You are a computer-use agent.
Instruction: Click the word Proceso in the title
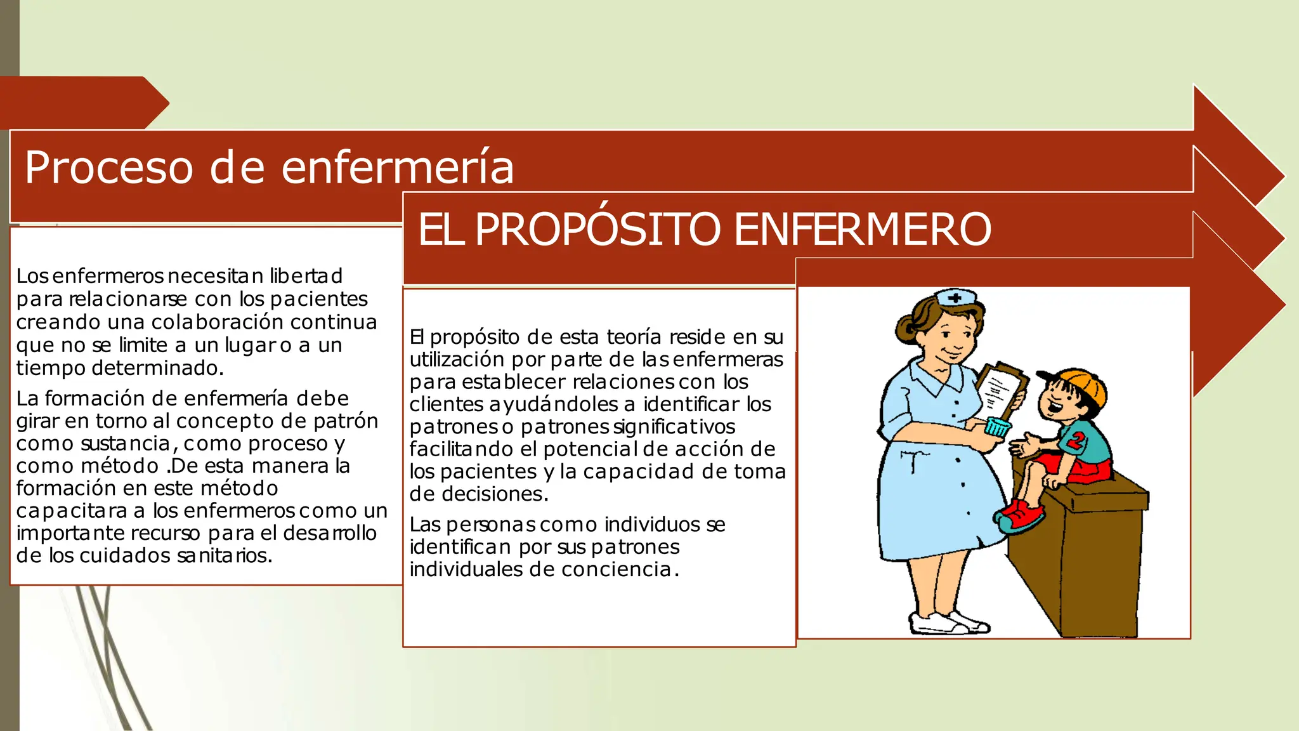tap(108, 168)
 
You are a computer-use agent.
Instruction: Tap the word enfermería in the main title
tap(397, 168)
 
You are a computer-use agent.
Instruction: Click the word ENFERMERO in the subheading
tap(863, 229)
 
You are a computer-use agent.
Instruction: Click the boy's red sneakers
tap(1020, 515)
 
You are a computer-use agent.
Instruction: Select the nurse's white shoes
tap(948, 621)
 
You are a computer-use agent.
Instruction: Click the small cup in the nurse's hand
tap(998, 427)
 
